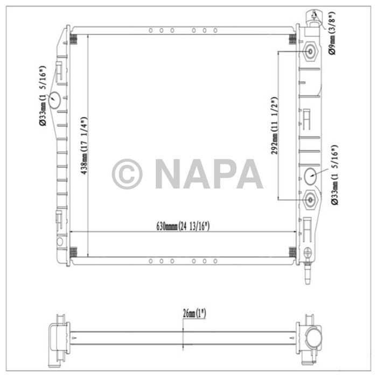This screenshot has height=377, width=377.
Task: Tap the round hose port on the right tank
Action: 311,176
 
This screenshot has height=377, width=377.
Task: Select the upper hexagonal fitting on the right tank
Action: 311,52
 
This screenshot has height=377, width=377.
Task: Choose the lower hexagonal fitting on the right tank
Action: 311,200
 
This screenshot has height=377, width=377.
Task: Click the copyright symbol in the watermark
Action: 127,174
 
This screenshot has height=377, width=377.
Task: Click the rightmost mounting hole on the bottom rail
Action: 215,261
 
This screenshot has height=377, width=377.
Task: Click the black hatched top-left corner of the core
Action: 74,39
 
